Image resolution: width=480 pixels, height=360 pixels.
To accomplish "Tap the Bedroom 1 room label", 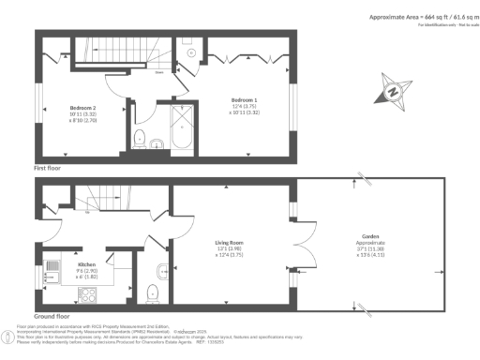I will coord(245,99).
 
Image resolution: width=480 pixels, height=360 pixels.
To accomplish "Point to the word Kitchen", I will coord(87,263).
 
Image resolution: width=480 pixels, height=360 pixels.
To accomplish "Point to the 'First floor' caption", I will coord(48,166).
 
